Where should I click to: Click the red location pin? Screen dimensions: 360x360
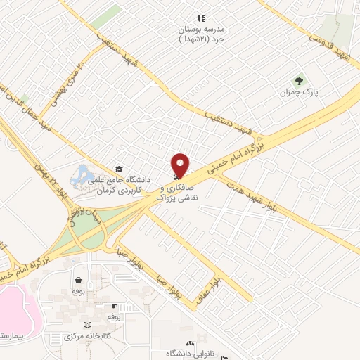click(181, 165)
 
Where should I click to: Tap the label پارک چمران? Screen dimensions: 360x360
click(295, 92)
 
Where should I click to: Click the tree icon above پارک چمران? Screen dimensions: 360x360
click(297, 80)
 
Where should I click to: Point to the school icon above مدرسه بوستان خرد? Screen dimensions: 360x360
click(201, 18)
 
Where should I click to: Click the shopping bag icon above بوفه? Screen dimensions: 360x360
click(75, 278)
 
